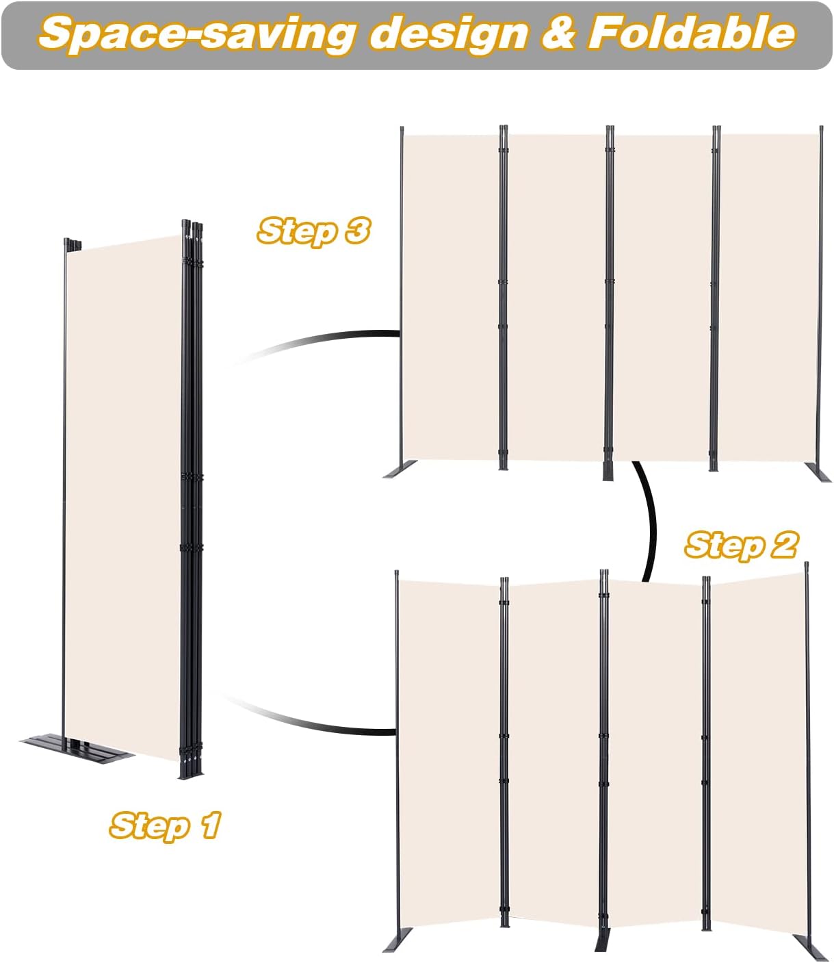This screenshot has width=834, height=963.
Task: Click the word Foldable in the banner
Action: coord(691,33)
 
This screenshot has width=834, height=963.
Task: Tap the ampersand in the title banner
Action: coord(559,33)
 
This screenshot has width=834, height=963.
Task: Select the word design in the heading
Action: coord(449,34)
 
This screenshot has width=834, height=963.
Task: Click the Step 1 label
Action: coord(165,825)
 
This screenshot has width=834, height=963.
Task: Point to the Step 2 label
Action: coord(741,545)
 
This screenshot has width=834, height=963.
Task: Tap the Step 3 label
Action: coord(313,231)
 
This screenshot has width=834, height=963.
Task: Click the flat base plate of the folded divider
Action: coord(75,749)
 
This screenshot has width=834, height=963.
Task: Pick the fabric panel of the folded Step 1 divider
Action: coord(123,493)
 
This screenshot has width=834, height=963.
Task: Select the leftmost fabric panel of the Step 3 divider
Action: coord(450,294)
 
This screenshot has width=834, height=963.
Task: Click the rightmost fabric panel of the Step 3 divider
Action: coord(768,294)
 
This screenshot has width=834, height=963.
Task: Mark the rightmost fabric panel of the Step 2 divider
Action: coord(757,746)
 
